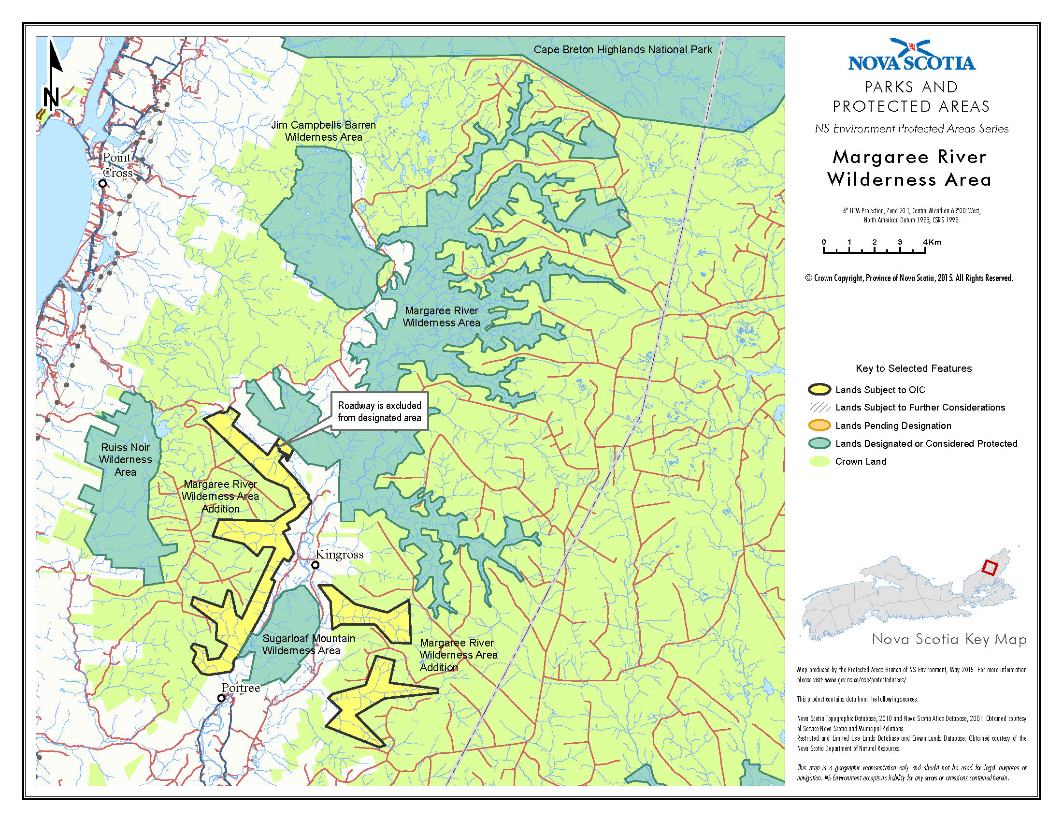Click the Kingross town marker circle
pos(316,565)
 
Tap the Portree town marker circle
pos(221,698)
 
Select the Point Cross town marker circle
pos(103,184)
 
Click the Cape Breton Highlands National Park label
pos(622,50)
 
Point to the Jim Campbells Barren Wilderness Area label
pos(323,131)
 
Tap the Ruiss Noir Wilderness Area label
pos(125,459)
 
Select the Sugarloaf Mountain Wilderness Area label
pos(308,644)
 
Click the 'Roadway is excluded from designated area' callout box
pos(380,411)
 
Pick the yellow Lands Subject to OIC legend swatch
pos(819,390)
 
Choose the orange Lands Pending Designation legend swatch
pos(819,426)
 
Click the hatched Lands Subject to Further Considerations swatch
pos(819,407)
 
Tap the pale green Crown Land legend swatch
pos(819,461)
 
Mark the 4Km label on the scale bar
pos(932,242)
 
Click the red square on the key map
pos(990,568)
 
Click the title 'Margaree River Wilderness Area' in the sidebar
pos(909,168)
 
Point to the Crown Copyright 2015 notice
pos(909,278)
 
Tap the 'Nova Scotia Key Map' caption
pos(948,639)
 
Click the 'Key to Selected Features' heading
pos(914,368)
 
